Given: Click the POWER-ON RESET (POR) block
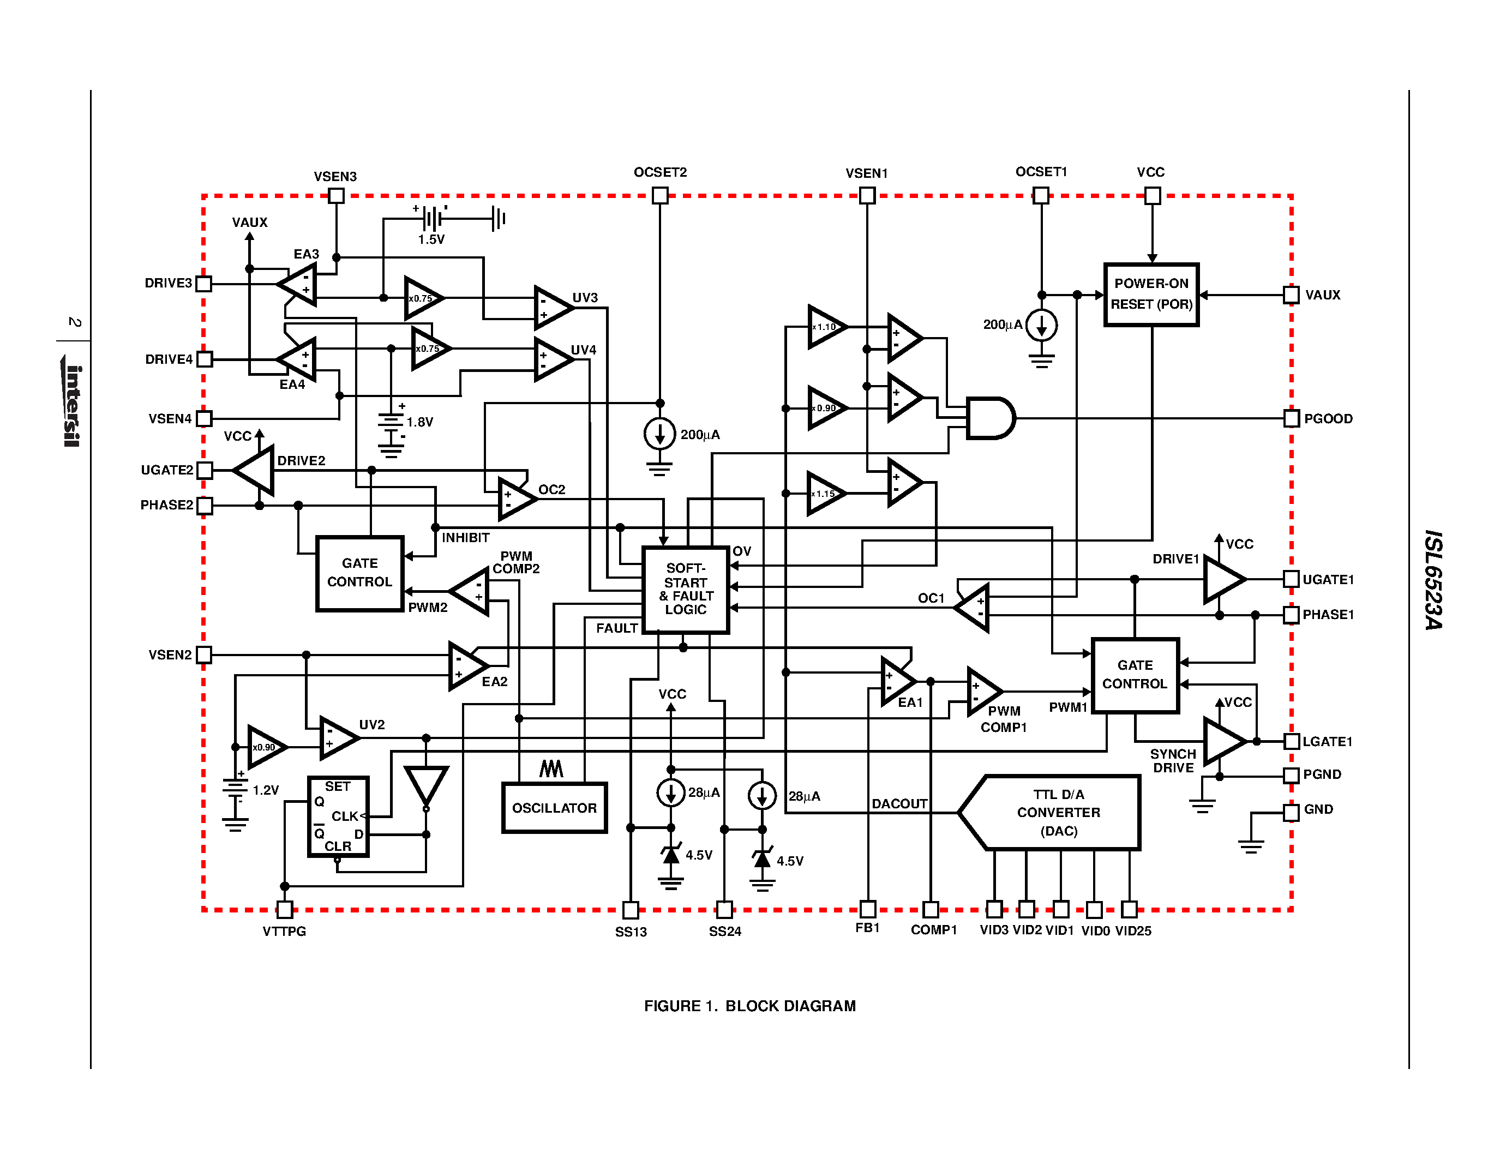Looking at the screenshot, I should click(1151, 295).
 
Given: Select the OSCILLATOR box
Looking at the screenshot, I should click(554, 807).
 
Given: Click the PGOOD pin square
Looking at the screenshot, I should click(1291, 418).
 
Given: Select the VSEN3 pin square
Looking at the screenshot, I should click(336, 196).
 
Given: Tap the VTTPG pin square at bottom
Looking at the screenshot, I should click(284, 909).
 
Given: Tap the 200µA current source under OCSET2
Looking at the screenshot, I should click(659, 434).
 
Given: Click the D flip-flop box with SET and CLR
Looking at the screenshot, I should click(338, 816).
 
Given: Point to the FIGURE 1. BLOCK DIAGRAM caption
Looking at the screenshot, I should click(749, 1006).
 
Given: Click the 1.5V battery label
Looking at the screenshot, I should click(431, 239).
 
